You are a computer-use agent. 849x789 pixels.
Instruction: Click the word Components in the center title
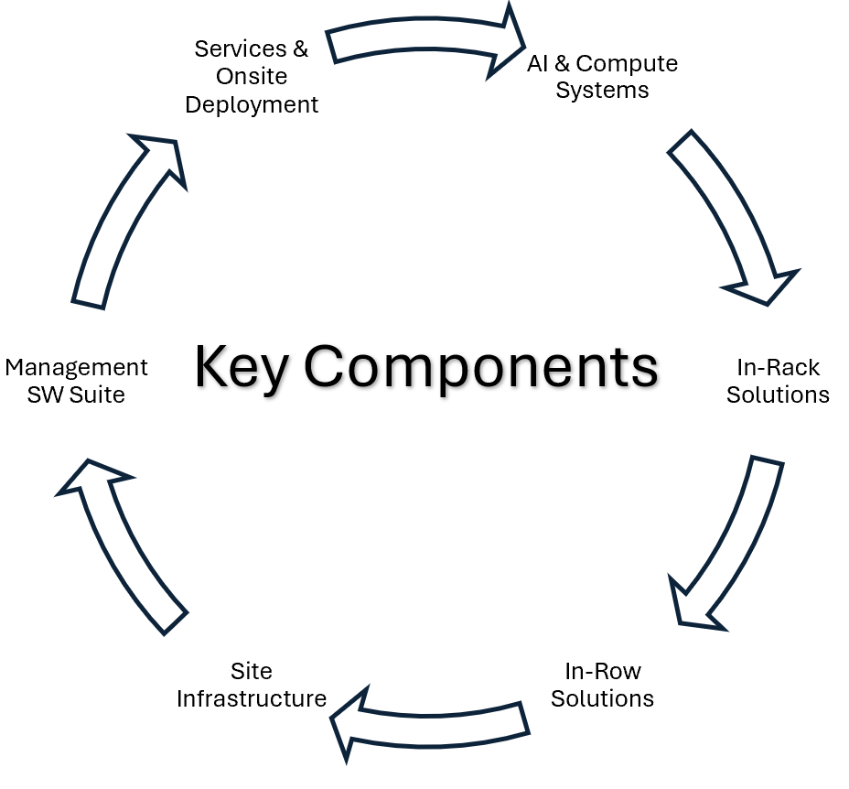pos(481,368)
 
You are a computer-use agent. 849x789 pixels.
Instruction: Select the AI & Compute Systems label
pos(602,77)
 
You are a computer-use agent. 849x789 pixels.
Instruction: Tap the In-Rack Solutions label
pos(778,381)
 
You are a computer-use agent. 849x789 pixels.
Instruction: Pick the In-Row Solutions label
pos(602,685)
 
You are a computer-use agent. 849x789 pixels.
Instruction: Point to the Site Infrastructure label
pos(252,685)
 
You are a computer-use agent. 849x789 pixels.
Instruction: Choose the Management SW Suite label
pos(76,381)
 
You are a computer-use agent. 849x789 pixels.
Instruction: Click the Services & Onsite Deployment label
pos(252,77)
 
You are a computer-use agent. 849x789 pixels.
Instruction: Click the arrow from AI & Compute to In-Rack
pos(732,216)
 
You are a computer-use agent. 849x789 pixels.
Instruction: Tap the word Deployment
pos(252,104)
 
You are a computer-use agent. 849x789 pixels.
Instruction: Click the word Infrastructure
pos(252,698)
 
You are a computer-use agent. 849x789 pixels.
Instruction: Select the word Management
pos(76,367)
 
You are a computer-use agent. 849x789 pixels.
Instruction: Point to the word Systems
pos(602,91)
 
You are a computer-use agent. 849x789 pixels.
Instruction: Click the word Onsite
pos(252,77)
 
